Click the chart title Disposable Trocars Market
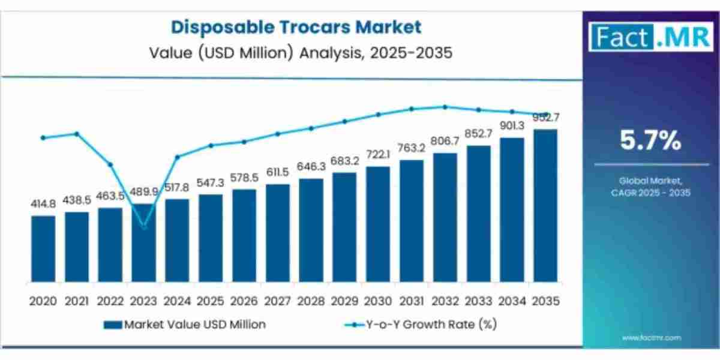[x=296, y=27]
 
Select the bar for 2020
[x=43, y=248]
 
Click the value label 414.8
[x=43, y=205]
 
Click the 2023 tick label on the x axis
[x=143, y=301]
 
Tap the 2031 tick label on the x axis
[x=411, y=301]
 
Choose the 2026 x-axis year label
[x=244, y=301]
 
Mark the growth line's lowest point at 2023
[x=144, y=226]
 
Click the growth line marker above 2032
[x=445, y=107]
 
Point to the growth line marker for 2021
[x=76, y=133]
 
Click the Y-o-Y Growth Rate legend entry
[x=419, y=325]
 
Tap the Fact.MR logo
[x=651, y=37]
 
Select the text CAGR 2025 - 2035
[x=651, y=193]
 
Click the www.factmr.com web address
[x=651, y=338]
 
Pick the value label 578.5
[x=244, y=179]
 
